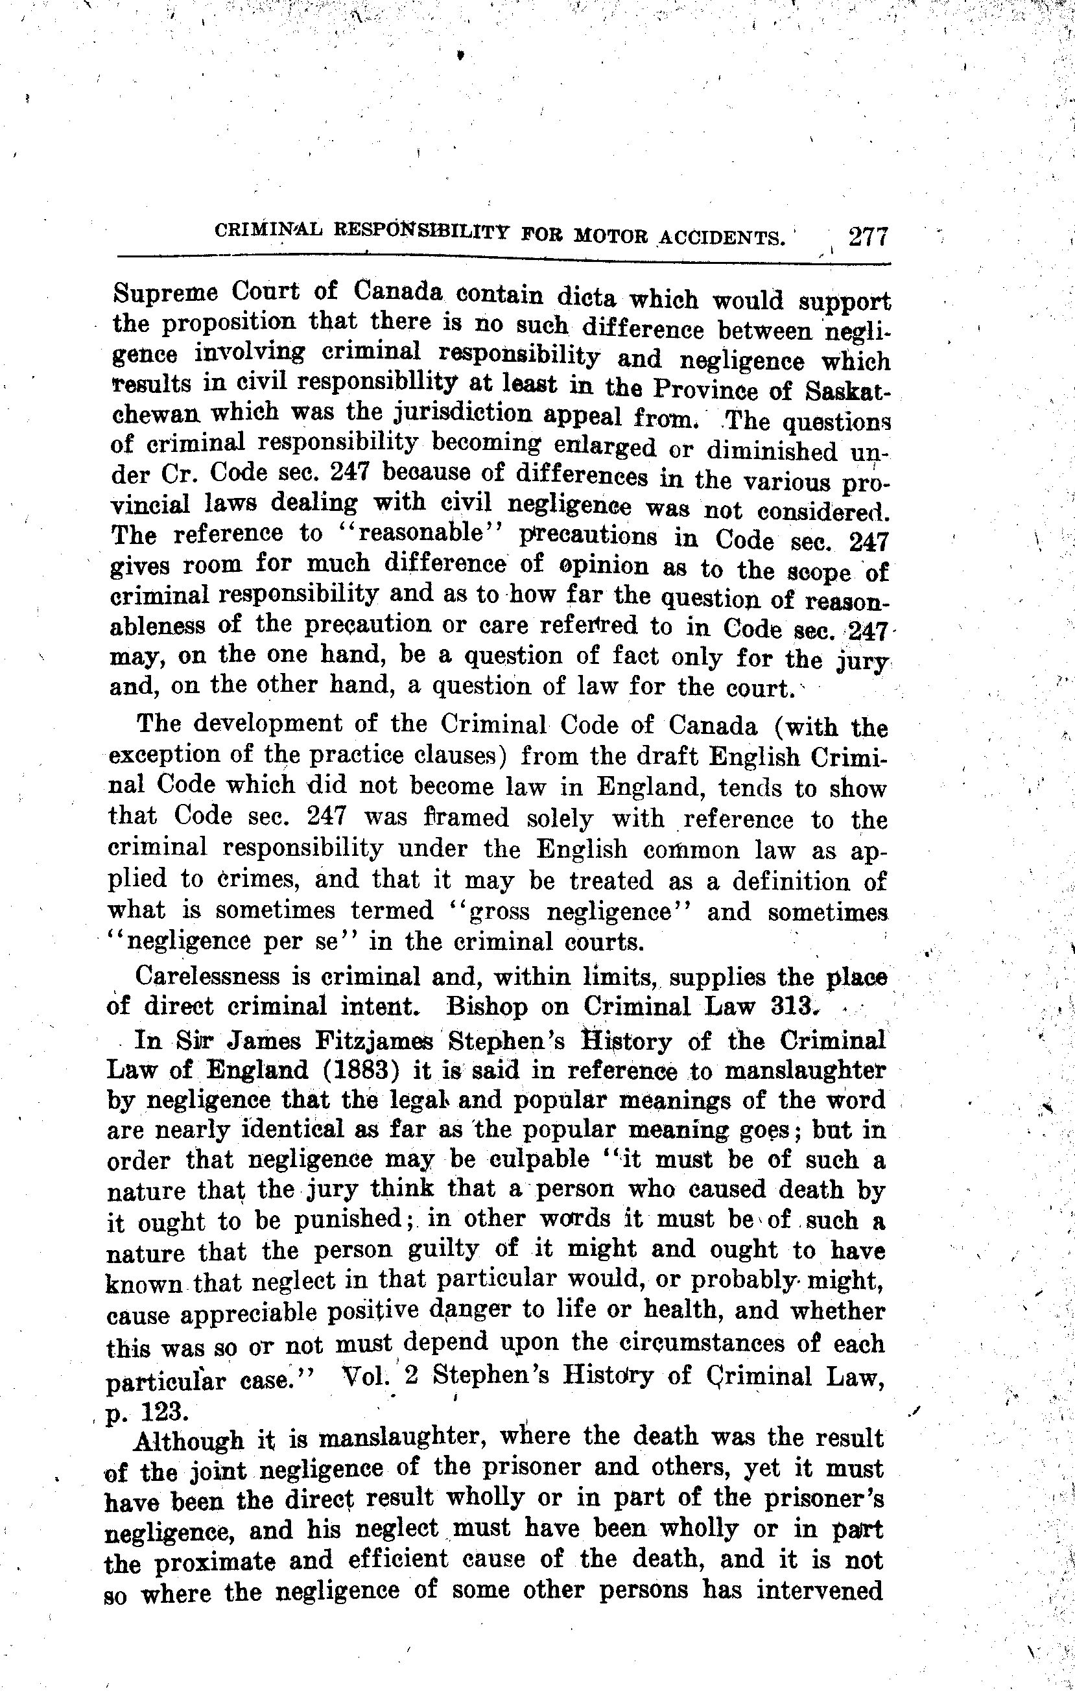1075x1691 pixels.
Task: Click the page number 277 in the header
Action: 869,237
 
